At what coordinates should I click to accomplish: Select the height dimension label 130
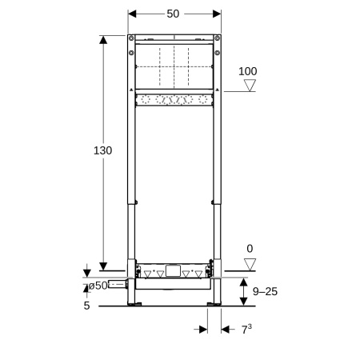tap(102, 150)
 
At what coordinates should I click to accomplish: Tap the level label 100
tap(249, 71)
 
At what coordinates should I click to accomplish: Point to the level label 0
tap(250, 250)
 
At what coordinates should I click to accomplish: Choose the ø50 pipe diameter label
tap(97, 285)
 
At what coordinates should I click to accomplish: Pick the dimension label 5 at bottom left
tap(86, 305)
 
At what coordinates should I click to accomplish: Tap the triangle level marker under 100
tap(250, 86)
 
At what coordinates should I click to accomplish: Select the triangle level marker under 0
tap(250, 264)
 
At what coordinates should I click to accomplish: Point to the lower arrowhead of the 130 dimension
tap(103, 266)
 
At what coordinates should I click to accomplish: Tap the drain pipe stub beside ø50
tap(118, 284)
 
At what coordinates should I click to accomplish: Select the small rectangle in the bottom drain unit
tap(173, 270)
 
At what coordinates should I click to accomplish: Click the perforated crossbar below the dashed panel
tap(174, 100)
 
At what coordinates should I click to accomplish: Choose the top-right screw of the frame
tap(218, 38)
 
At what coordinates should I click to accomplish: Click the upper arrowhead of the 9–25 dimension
tap(243, 277)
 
